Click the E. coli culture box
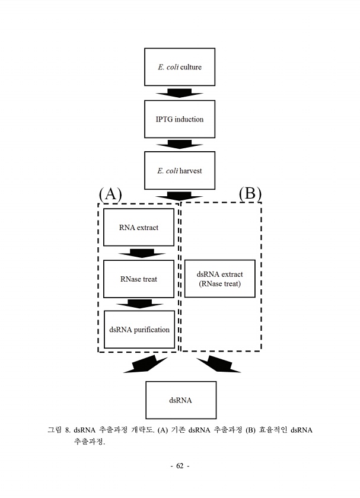tap(180, 67)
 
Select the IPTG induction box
tap(180, 119)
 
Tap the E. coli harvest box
tap(180, 171)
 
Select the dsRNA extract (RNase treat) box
tap(219, 279)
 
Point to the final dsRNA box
tap(180, 400)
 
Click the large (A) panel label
tap(110, 193)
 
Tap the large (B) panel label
tap(250, 193)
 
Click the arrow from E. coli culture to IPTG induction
tap(180, 93)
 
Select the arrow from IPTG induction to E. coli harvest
tap(180, 145)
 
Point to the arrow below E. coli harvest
tap(180, 196)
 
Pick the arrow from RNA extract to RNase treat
tap(141, 253)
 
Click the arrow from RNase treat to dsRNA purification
tap(141, 304)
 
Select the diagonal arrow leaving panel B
tap(218, 365)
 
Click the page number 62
tap(180, 466)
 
